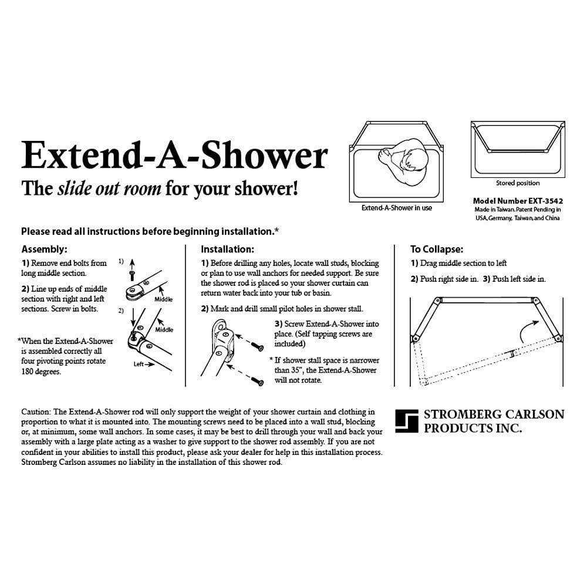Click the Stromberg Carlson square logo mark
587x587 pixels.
[x=406, y=420]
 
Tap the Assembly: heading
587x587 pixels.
[x=44, y=249]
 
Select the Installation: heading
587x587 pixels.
[x=227, y=249]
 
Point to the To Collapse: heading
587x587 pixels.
[x=437, y=249]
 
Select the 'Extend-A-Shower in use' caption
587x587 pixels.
[x=397, y=208]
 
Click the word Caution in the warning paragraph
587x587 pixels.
[x=36, y=412]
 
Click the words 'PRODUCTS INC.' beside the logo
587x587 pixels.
[x=473, y=428]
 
